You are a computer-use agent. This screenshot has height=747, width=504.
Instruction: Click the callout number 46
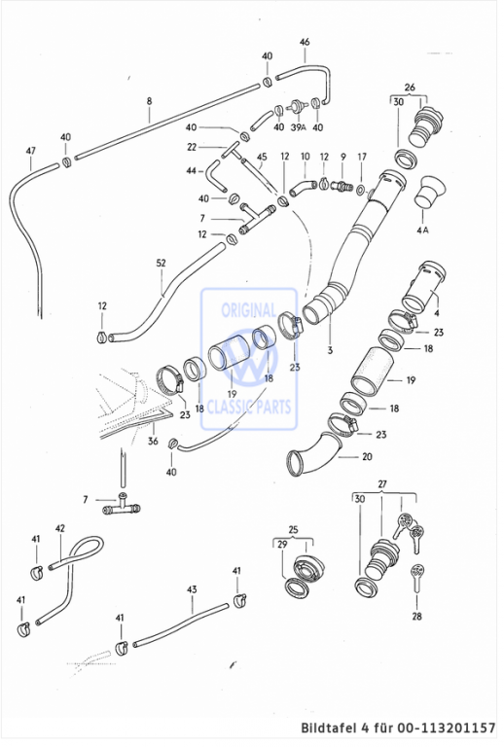pos(305,42)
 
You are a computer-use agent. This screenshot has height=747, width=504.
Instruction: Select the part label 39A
pos(298,127)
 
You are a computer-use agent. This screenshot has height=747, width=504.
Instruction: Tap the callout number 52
pos(161,263)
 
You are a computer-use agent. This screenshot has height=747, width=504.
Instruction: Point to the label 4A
pos(422,231)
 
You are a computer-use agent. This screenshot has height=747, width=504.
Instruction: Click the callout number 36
pos(153,441)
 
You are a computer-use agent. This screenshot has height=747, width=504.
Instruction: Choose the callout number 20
pos(367,457)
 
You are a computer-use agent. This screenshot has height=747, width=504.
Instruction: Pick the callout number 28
pos(416,616)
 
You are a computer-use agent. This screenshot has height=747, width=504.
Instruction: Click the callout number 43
pos(192,589)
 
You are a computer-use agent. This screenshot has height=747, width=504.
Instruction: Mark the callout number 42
pos(60,528)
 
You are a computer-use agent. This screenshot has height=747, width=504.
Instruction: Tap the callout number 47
pos(30,151)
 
